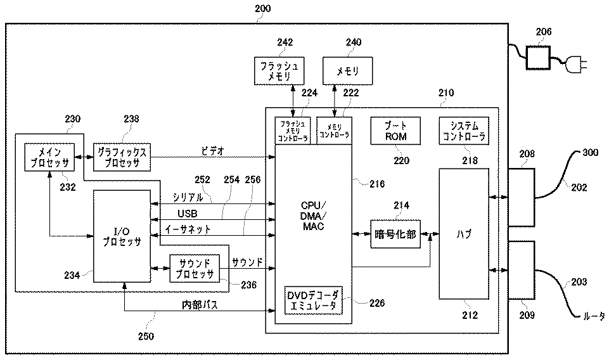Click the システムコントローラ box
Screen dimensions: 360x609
tap(463, 131)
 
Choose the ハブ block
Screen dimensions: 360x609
tap(464, 234)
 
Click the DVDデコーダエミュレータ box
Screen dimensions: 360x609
tap(313, 299)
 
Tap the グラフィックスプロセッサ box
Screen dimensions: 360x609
tap(122, 157)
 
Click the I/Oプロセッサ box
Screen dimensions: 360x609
tap(122, 235)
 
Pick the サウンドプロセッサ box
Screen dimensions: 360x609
tap(194, 269)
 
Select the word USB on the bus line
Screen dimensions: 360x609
tap(188, 214)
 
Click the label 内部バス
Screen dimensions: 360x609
tap(200, 305)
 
